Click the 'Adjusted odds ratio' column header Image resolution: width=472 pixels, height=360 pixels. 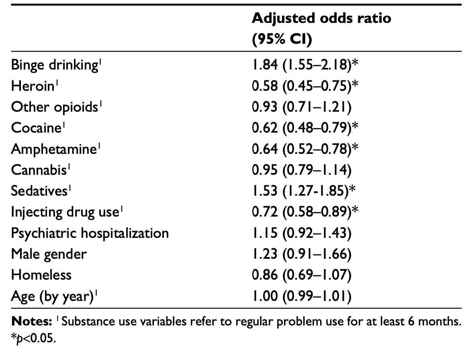[321, 18]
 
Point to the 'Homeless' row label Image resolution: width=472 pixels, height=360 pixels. [41, 275]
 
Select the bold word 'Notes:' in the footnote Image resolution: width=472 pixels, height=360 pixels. [32, 321]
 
